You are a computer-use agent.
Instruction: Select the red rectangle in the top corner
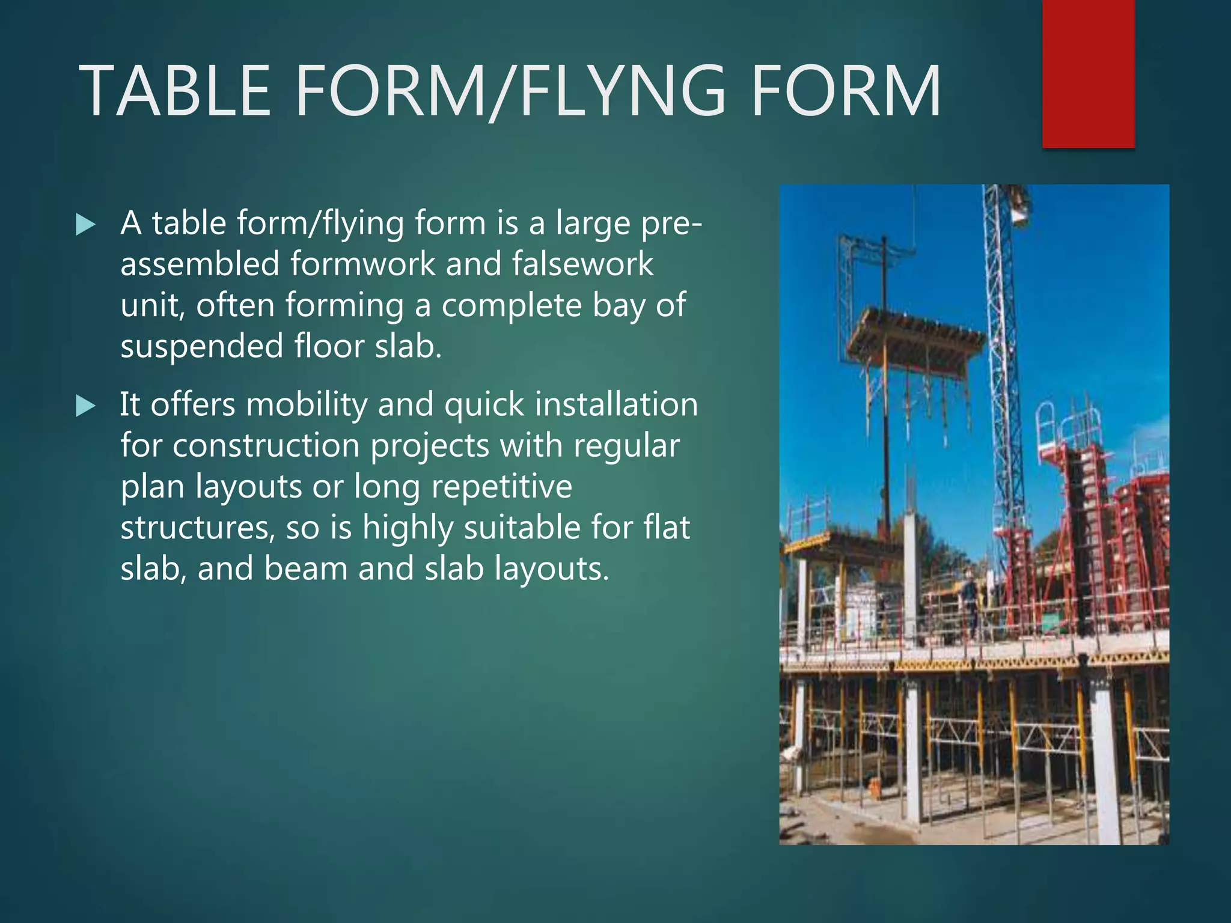click(x=1088, y=73)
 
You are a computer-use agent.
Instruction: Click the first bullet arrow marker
click(x=86, y=225)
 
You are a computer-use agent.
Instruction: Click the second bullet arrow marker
click(x=86, y=407)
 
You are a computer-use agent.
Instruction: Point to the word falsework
click(x=582, y=264)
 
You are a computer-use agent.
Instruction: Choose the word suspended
click(x=202, y=347)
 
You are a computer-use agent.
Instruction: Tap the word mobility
click(x=307, y=404)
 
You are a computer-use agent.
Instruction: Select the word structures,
click(x=197, y=528)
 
